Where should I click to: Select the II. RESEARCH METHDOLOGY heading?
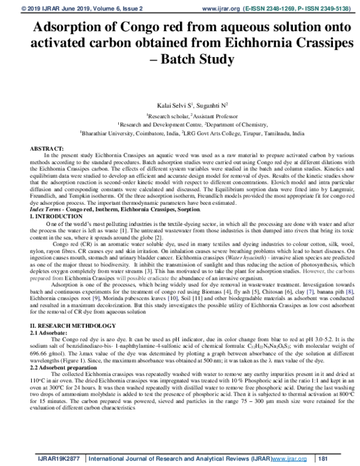click(73, 325)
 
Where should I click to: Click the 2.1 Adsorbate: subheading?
click(51, 331)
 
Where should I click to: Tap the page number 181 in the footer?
click(323, 459)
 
